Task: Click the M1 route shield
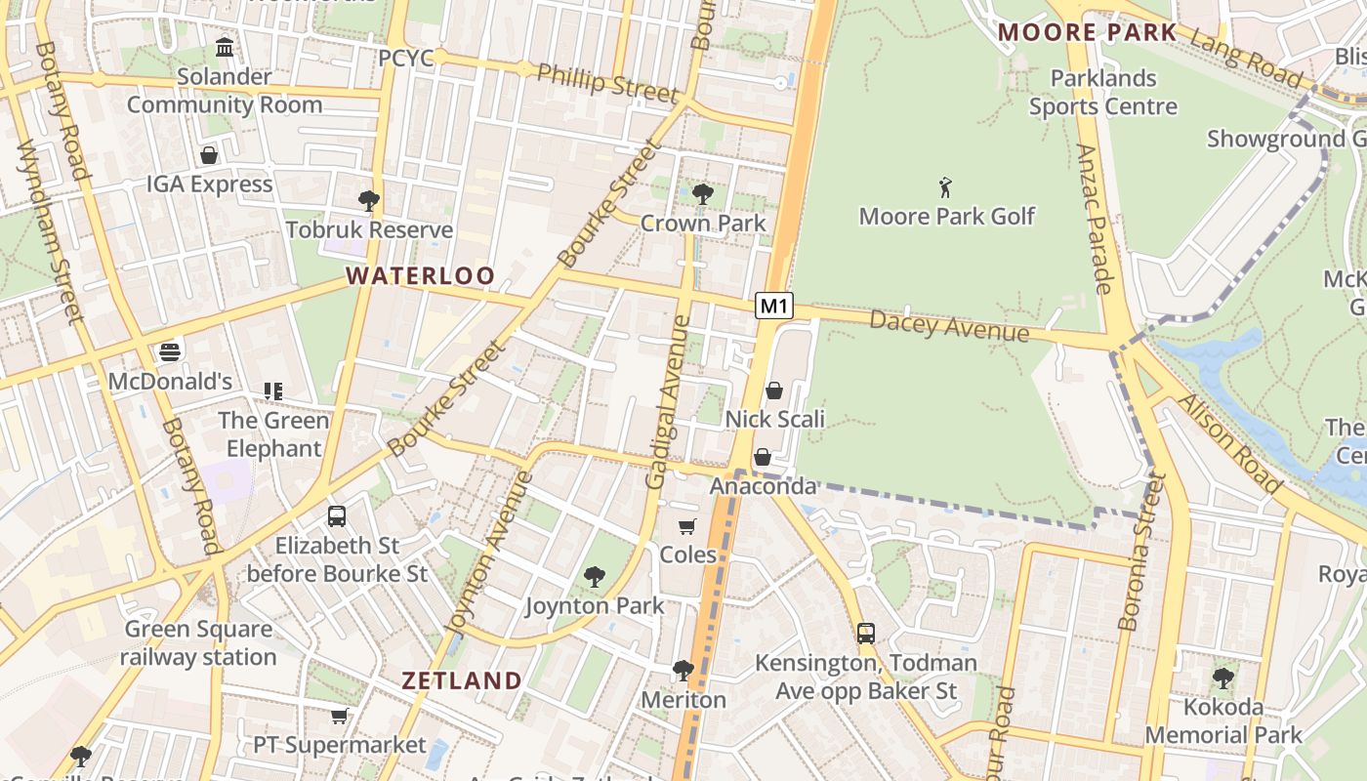[x=773, y=306]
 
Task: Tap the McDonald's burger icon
[x=170, y=351]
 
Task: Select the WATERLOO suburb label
[x=421, y=276]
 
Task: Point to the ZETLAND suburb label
[x=462, y=680]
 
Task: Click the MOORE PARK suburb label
[x=1088, y=32]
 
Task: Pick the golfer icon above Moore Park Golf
[x=945, y=186]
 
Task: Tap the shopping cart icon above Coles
[x=687, y=526]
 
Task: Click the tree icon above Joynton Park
[x=594, y=577]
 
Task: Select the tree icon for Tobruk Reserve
[x=368, y=201]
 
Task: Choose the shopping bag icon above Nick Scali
[x=774, y=390]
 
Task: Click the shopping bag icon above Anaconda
[x=763, y=457]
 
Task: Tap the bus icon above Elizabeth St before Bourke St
[x=337, y=516]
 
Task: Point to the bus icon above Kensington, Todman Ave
[x=866, y=633]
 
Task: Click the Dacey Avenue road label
[x=949, y=326]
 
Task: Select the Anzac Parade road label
[x=1095, y=219]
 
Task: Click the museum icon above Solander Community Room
[x=225, y=47]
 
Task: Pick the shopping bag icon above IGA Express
[x=209, y=155]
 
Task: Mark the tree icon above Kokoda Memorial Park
[x=1223, y=678]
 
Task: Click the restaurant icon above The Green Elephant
[x=273, y=391]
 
